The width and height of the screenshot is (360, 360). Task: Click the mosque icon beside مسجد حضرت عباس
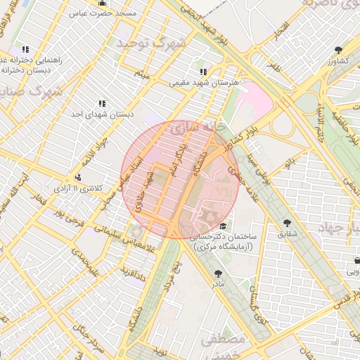pos(103,4)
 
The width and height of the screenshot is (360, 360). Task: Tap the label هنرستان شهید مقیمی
pos(204,82)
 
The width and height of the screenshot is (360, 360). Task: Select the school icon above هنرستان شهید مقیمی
pos(203,72)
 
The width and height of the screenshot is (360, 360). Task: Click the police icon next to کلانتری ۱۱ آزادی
pos(77,178)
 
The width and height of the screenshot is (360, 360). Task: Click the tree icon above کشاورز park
pos(339,49)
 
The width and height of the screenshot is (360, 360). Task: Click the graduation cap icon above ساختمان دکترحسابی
pos(223,226)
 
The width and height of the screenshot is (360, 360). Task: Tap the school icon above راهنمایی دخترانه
pos(25,50)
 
